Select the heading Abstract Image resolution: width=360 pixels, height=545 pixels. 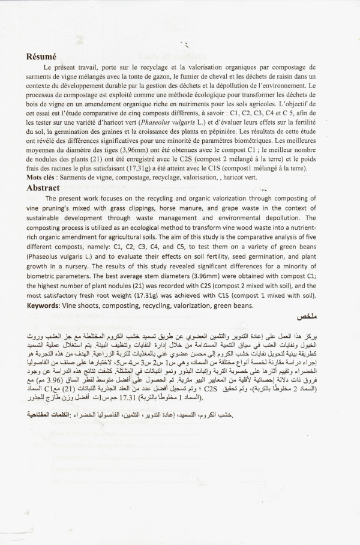coord(45,187)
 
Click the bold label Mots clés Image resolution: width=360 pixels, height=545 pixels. coord(44,179)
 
